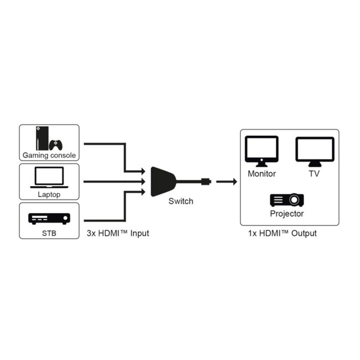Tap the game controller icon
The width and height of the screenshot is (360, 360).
pyautogui.click(x=56, y=145)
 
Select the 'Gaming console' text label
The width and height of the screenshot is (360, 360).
pyautogui.click(x=49, y=156)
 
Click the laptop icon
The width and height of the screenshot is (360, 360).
pyautogui.click(x=49, y=178)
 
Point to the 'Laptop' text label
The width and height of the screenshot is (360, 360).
pyautogui.click(x=49, y=194)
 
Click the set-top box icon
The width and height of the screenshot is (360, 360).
pyautogui.click(x=49, y=218)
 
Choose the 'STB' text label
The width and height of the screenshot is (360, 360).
pyautogui.click(x=49, y=233)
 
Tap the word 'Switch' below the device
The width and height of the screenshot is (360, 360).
pyautogui.click(x=181, y=201)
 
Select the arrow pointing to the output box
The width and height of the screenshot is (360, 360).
pyautogui.click(x=225, y=181)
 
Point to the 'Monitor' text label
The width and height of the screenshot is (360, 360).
pyautogui.click(x=261, y=173)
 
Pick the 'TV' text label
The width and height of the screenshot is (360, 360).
pyautogui.click(x=315, y=173)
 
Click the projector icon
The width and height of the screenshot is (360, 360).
pyautogui.click(x=286, y=199)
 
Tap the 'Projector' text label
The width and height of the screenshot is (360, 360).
pyautogui.click(x=286, y=213)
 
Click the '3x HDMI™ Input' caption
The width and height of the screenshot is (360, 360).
pyautogui.click(x=117, y=233)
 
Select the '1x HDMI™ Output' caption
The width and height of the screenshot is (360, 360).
pyautogui.click(x=282, y=233)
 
